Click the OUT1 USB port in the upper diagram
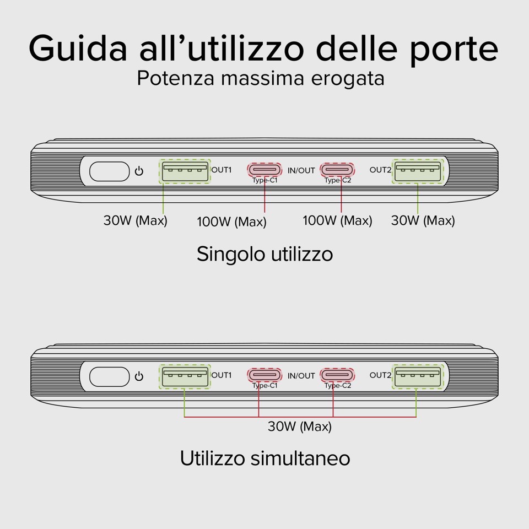point(185,171)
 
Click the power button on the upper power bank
point(107,171)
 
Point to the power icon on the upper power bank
point(139,171)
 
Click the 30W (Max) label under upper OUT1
point(135,220)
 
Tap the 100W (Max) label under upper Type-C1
point(231,222)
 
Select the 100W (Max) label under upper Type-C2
point(337,220)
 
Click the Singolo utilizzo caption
point(264,254)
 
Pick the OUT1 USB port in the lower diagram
point(185,377)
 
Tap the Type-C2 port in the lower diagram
point(337,375)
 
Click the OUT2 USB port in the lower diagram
point(417,377)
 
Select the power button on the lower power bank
point(107,377)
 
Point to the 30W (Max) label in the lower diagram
point(300,427)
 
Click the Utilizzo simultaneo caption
point(264,458)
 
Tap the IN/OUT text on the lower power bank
point(301,376)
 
